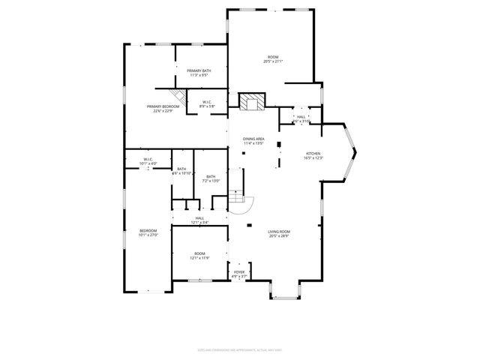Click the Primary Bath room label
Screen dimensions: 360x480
click(199, 70)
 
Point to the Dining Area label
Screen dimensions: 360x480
click(253, 139)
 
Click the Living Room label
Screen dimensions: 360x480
click(279, 232)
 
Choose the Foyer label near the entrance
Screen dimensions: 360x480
click(239, 273)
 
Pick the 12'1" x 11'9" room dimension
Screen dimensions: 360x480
click(199, 258)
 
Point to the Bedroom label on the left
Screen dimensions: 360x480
click(148, 230)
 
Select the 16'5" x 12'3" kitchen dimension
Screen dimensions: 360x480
click(313, 157)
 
